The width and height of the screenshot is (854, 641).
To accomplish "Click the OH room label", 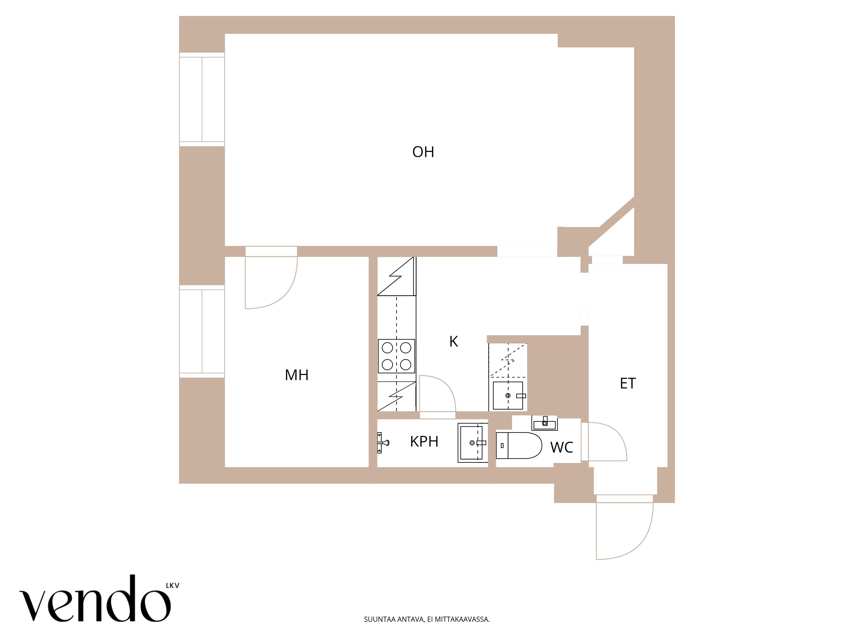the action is pos(423,152).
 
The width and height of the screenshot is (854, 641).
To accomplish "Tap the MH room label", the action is pos(297,375).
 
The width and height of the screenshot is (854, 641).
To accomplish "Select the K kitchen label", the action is pos(454,342).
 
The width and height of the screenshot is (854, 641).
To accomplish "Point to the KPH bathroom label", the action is pos(424,441).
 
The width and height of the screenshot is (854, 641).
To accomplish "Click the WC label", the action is pos(561,447).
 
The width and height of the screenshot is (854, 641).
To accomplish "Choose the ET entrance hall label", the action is pos(627,383).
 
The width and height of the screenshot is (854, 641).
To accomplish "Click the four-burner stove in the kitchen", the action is pos(396,356).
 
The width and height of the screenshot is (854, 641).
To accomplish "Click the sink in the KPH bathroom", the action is pos(472,443).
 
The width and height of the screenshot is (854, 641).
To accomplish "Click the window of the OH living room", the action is pos(202,99).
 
